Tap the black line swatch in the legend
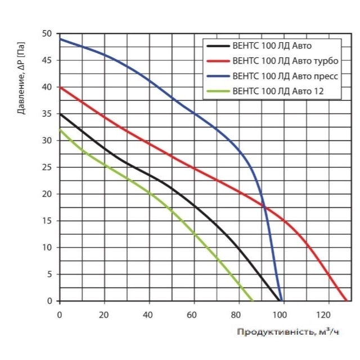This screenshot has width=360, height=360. (218, 46)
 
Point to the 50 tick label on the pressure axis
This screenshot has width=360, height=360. (47, 34)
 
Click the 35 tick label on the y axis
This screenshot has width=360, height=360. (47, 114)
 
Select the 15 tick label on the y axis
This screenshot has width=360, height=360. (47, 220)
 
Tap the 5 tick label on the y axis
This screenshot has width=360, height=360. (49, 274)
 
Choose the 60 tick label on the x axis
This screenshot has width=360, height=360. (192, 315)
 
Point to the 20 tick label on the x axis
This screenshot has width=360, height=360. (103, 315)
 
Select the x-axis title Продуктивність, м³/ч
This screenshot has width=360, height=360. (288, 332)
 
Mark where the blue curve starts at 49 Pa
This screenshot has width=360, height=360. (60, 39)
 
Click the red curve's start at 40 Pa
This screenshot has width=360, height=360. (60, 87)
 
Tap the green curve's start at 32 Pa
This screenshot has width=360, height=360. (60, 130)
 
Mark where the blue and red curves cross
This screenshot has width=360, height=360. (264, 206)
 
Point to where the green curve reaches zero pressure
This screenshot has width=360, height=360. (253, 301)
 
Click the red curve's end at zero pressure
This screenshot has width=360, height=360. (347, 301)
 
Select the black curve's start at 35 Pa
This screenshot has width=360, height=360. (60, 114)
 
